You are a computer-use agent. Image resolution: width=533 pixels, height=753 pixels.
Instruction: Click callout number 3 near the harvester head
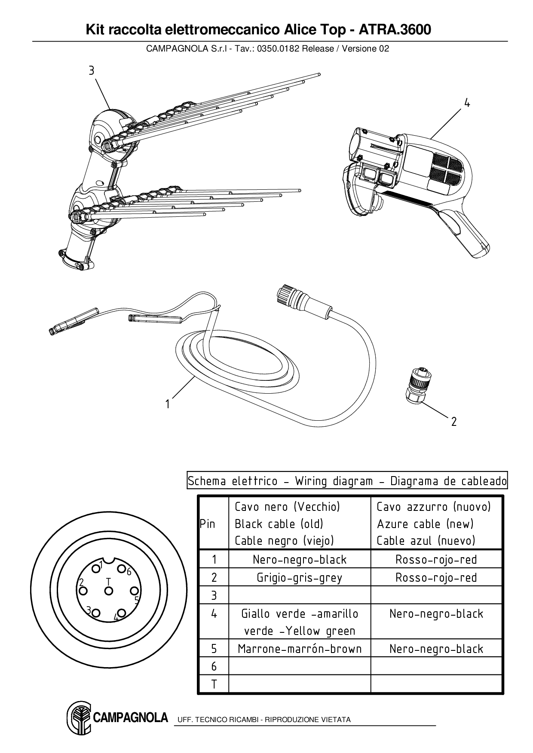click(91, 70)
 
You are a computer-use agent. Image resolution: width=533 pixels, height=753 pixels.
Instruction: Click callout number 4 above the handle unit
click(467, 103)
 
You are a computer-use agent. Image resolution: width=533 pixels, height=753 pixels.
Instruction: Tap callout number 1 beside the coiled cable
click(168, 404)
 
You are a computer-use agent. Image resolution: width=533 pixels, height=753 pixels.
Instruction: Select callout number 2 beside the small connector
click(454, 421)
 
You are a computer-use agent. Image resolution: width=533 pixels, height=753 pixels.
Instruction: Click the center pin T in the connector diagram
click(108, 591)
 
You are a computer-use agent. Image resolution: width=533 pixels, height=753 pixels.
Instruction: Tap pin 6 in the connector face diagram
click(122, 570)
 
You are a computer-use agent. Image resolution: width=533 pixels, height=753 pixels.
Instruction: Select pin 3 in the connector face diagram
click(96, 612)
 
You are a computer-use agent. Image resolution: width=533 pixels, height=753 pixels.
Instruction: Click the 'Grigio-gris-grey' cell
click(299, 577)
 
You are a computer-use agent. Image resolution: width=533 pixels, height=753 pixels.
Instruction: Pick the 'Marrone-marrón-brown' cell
click(299, 649)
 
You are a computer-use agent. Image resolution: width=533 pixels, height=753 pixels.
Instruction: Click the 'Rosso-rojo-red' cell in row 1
click(436, 559)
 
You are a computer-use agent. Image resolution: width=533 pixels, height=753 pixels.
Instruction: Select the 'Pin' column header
click(208, 524)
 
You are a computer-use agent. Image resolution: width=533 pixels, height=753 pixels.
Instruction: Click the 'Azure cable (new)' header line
click(425, 524)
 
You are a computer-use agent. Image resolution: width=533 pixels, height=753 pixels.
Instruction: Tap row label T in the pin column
click(214, 684)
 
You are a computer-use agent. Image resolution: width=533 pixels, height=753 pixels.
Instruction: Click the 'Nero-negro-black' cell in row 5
click(436, 649)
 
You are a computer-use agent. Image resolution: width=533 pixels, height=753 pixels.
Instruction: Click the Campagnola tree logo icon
click(79, 718)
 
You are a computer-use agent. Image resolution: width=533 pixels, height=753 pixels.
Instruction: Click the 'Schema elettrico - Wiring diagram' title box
click(347, 481)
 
